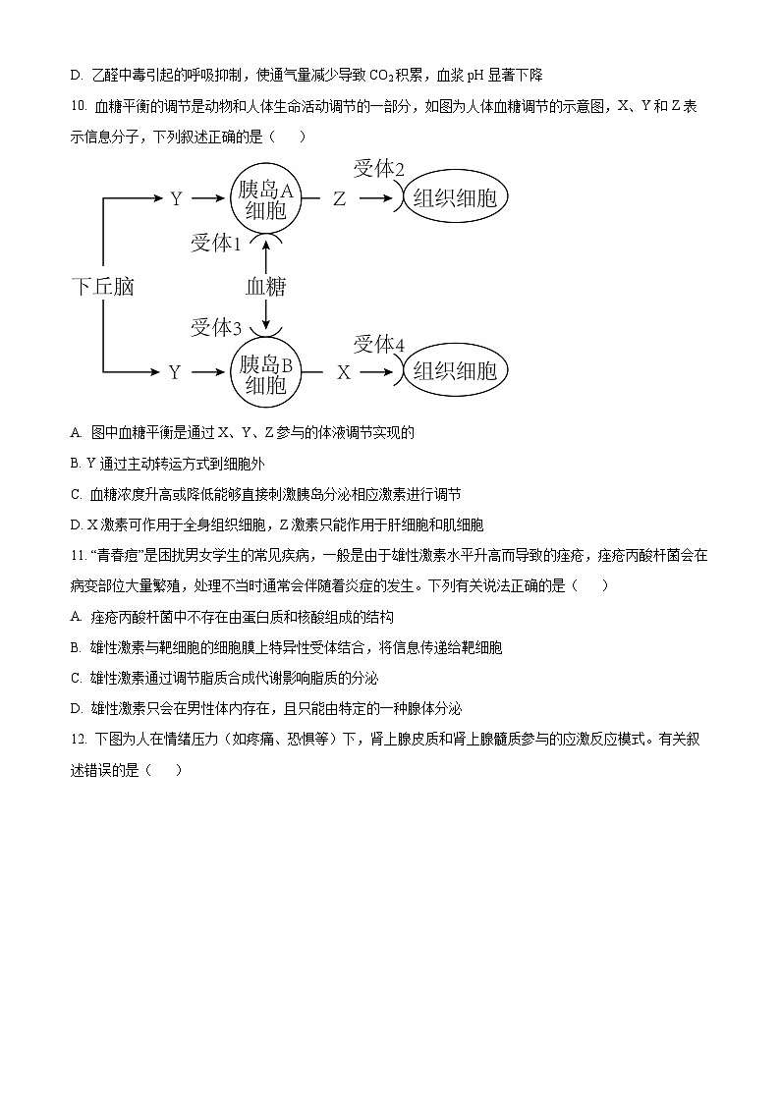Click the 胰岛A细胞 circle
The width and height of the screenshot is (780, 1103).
[x=266, y=198]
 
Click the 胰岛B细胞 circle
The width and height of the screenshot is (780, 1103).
[x=266, y=372]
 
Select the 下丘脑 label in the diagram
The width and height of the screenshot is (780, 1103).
[x=103, y=287]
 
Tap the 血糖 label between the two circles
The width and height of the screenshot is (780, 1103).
[x=265, y=287]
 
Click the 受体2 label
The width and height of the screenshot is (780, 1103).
[x=378, y=169]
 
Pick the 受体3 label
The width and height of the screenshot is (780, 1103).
[x=215, y=327]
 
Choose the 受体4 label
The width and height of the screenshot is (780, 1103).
[x=378, y=344]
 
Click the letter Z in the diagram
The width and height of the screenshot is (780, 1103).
[x=339, y=199]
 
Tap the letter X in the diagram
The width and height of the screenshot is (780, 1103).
[x=344, y=373]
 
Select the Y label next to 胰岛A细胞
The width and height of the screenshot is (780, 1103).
[x=176, y=199]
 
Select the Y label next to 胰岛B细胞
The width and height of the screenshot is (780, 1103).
[x=175, y=373]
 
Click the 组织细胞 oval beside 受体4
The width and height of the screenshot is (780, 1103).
[x=454, y=372]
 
